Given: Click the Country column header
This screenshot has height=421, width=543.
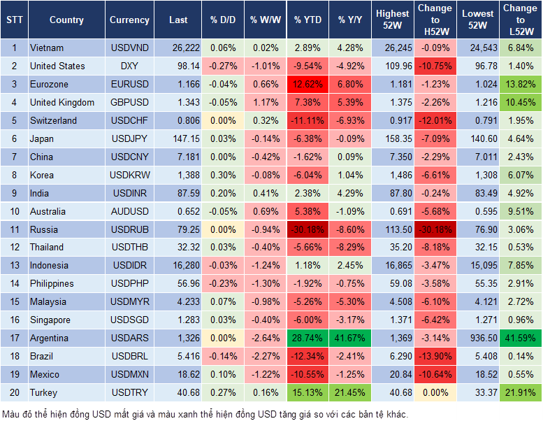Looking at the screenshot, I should [66, 20].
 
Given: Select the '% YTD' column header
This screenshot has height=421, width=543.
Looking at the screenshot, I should [307, 20].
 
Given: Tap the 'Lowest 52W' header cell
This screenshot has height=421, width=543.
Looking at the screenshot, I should [479, 20].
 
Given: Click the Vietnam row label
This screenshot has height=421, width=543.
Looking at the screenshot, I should [47, 48].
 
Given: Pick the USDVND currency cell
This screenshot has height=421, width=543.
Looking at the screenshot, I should [129, 48].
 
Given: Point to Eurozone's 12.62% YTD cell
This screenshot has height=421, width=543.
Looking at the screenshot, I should [307, 84].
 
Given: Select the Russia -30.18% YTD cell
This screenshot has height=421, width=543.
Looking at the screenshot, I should [307, 229].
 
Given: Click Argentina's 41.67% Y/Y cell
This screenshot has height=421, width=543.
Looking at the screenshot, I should [351, 338].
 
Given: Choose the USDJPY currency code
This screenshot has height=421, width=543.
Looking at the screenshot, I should [129, 138].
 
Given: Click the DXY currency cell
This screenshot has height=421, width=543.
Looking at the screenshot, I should [129, 66].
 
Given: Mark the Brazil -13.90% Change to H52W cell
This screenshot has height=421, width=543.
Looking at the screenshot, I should [435, 357].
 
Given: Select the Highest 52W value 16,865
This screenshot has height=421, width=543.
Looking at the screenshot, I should [393, 266].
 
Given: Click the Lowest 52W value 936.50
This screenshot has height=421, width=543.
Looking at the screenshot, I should [479, 338].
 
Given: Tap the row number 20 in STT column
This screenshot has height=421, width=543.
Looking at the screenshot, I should [13, 393].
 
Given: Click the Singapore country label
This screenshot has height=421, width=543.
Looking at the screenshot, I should [50, 320].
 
